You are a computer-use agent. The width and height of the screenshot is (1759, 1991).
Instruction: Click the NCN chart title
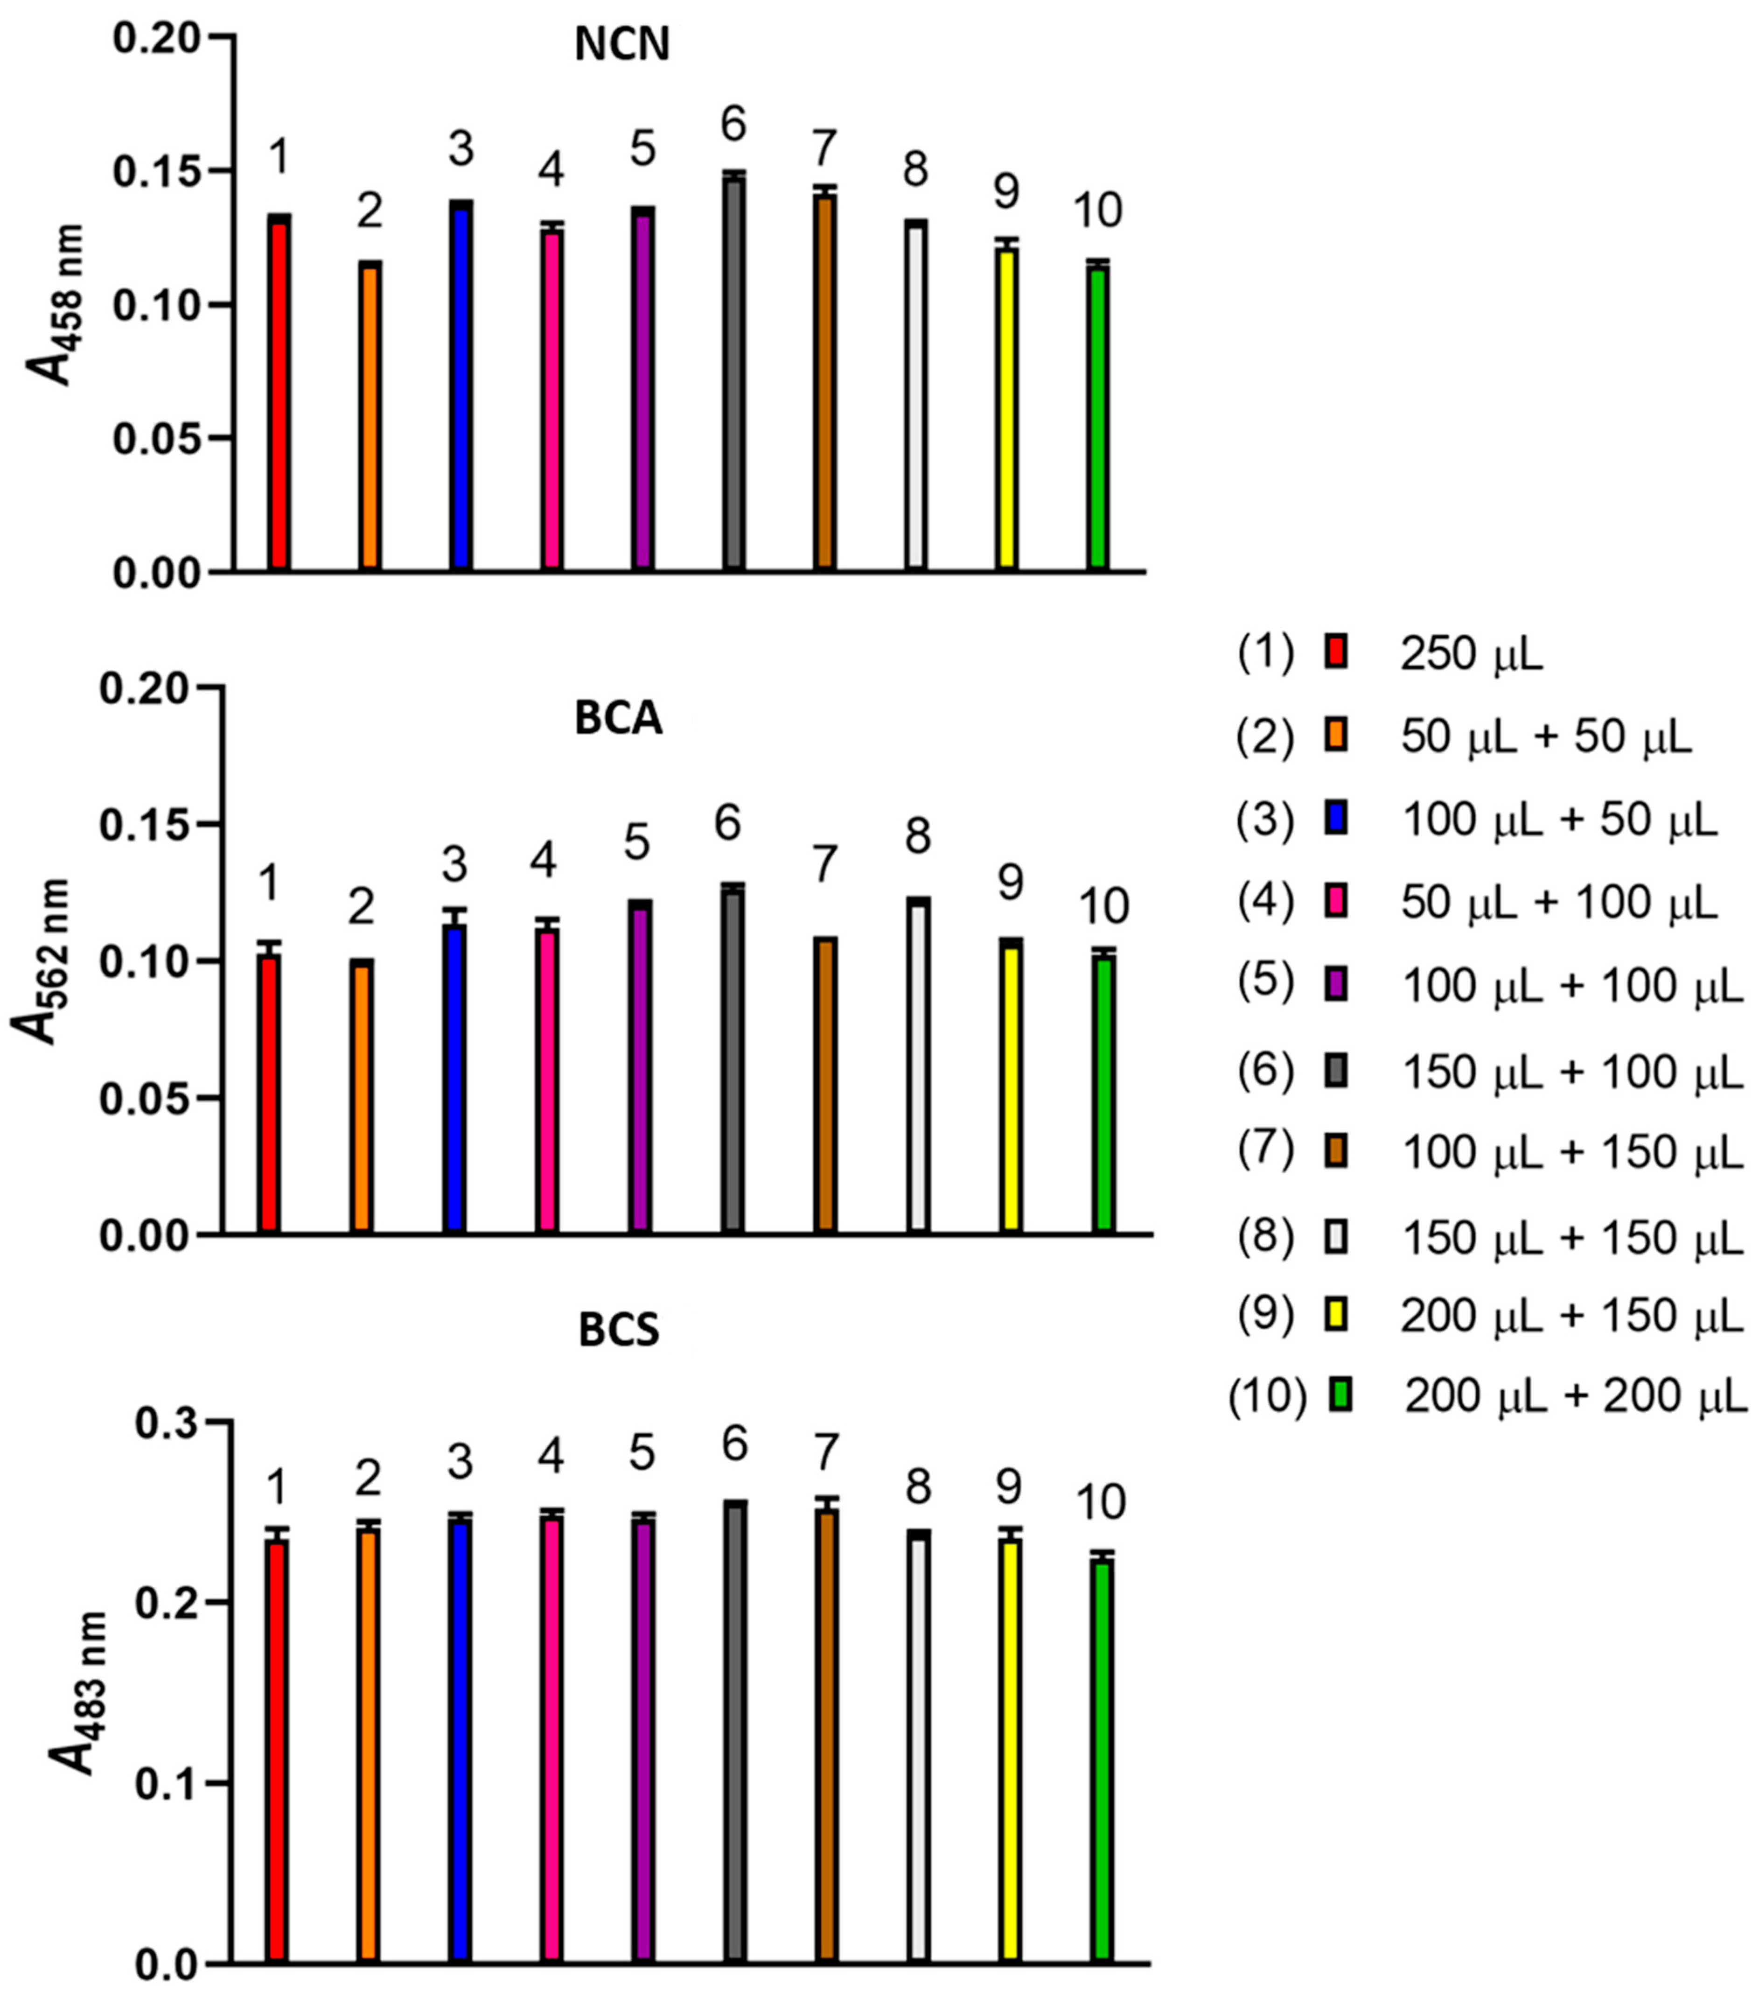621,46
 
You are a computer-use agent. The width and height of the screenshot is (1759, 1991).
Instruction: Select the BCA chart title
619,719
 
